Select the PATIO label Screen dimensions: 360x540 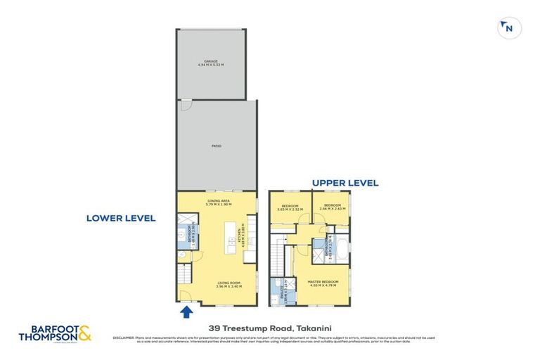tap(217, 146)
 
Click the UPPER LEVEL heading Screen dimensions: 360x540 tap(345, 183)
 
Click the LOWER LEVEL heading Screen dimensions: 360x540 tap(120, 218)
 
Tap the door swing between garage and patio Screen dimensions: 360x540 tap(184, 105)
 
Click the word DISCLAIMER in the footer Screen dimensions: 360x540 tap(124, 337)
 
